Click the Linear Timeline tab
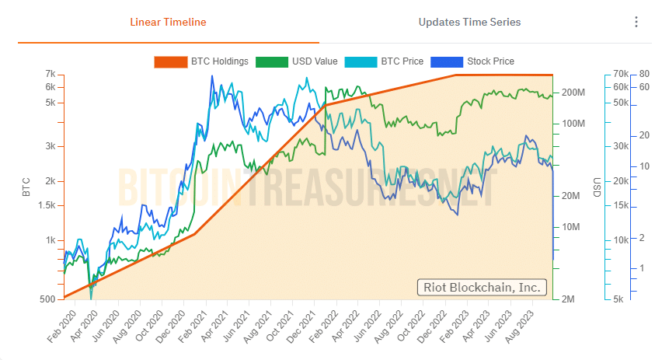click(168, 22)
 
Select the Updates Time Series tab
click(469, 22)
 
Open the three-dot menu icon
click(636, 22)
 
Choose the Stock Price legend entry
click(474, 61)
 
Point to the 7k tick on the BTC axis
click(50, 74)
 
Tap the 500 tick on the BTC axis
click(47, 299)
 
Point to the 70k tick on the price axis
click(620, 74)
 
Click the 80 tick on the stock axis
click(643, 74)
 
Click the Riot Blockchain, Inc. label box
click(482, 287)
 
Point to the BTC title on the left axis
click(26, 187)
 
